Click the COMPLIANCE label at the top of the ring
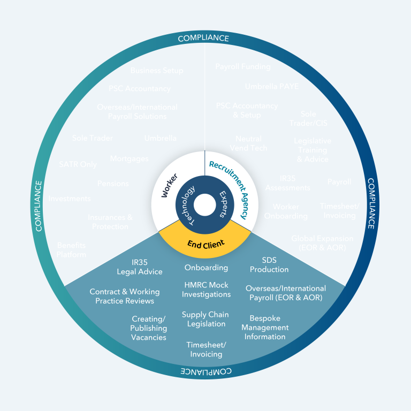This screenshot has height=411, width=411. coord(203,39)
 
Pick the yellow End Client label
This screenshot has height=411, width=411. coord(205,244)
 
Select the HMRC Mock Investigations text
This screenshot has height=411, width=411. coord(206,290)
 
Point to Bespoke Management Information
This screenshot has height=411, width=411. coord(265,328)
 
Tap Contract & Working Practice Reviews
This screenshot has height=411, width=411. coord(125,296)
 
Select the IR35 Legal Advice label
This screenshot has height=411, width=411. coord(140,267)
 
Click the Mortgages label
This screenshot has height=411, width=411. coord(129,159)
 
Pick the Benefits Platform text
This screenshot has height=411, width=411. coord(71,250)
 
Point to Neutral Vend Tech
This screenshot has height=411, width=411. coord(248,143)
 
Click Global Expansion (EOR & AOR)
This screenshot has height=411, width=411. coord(322,243)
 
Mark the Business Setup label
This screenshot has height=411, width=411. coord(157,71)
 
